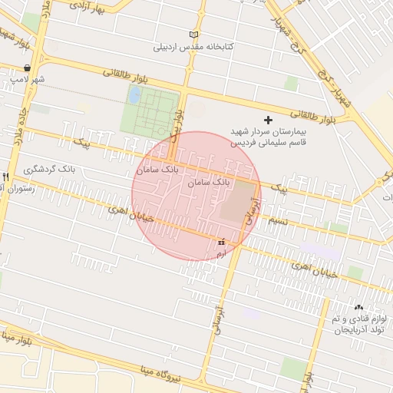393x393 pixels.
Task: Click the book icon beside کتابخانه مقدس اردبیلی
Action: click(x=193, y=35)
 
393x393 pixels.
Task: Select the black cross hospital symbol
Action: click(x=268, y=120)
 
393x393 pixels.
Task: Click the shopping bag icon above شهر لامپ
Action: click(x=28, y=68)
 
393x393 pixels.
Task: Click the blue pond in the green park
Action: click(x=135, y=95)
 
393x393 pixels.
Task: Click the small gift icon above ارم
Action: click(x=222, y=242)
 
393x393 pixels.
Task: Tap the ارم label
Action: click(x=222, y=253)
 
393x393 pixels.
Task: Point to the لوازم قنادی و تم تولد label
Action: click(x=357, y=324)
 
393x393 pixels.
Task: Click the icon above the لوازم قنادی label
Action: click(x=359, y=308)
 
